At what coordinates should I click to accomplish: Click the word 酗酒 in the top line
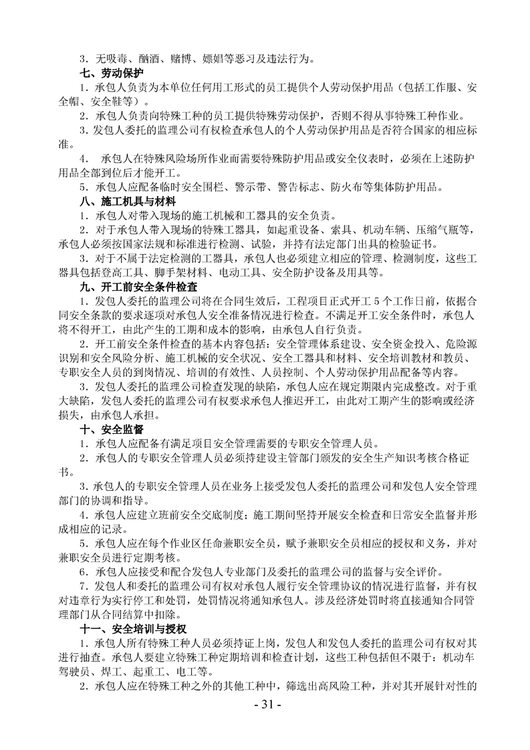148,59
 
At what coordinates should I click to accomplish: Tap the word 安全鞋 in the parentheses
103,102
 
